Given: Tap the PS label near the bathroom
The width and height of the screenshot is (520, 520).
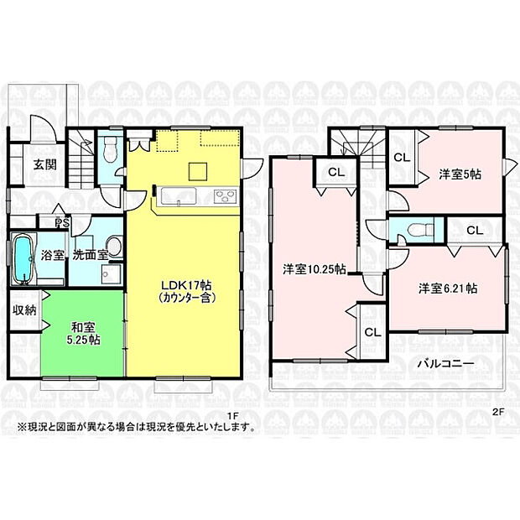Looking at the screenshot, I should click(61, 223).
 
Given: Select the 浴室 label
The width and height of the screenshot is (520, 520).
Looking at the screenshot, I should click(54, 255).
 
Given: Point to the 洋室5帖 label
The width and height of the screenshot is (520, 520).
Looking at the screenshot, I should click(460, 174).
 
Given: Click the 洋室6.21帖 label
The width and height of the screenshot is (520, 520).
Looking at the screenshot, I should click(449, 288).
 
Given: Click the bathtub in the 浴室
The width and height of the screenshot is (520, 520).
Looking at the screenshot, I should click(23, 259).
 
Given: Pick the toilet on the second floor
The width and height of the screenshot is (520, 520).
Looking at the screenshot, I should click(414, 228).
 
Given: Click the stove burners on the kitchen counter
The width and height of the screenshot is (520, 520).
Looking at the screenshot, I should click(225, 197).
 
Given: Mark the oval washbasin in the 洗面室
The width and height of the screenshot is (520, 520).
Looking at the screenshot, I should click(115, 245).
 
